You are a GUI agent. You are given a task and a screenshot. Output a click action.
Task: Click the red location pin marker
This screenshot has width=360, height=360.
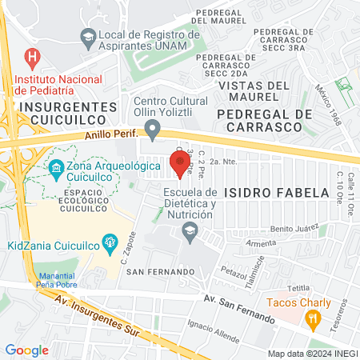click(x=177, y=161)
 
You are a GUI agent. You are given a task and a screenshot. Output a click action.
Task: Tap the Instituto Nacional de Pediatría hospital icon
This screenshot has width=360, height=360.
click(x=32, y=58)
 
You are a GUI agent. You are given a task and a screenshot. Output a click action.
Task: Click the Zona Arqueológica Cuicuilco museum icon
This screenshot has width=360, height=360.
click(x=56, y=168)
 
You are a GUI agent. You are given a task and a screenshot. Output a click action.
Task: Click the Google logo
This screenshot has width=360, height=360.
click(x=27, y=350)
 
